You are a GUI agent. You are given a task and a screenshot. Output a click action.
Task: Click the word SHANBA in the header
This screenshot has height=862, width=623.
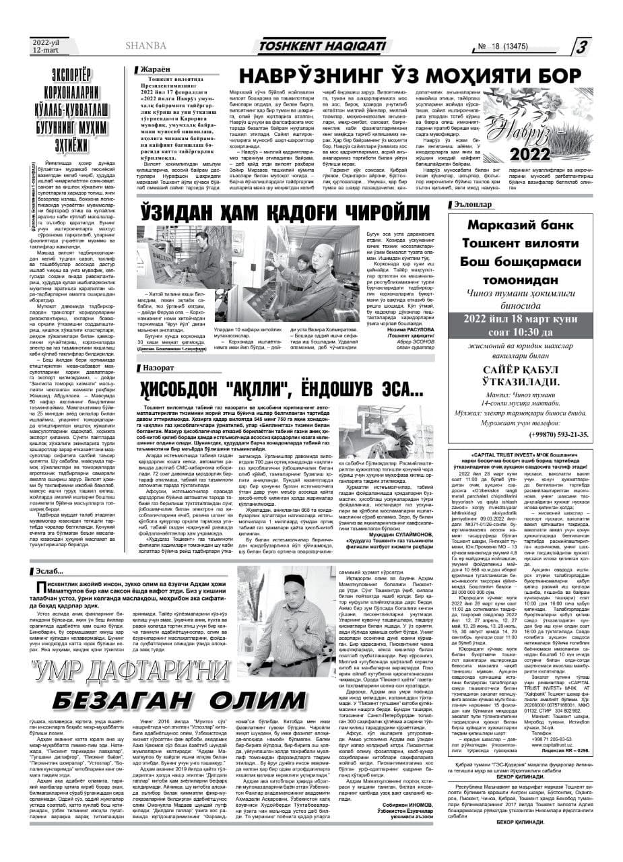point(145,46)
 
